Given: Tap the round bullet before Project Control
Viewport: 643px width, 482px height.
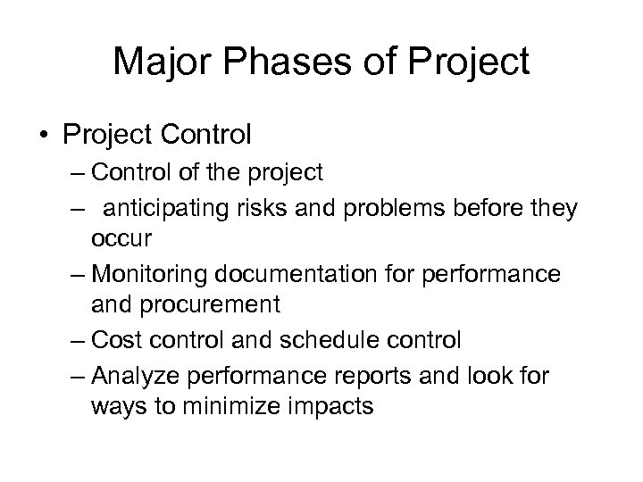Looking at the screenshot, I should click(44, 136).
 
